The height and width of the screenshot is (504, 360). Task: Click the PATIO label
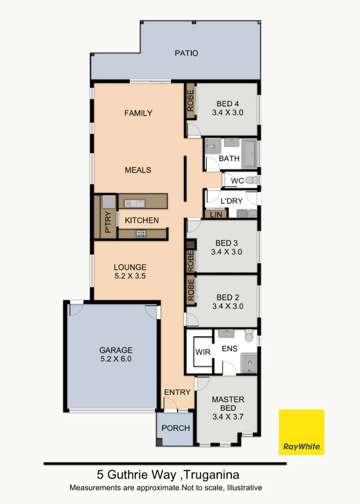click(187, 53)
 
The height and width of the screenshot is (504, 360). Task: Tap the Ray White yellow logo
click(301, 432)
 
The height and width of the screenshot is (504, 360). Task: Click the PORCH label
click(176, 428)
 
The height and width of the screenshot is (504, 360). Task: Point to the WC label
click(237, 181)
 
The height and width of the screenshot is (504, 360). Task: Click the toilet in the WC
click(251, 180)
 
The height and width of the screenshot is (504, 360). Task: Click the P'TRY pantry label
click(108, 221)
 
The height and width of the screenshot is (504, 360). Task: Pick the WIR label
click(203, 352)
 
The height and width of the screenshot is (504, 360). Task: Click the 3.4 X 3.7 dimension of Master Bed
click(228, 417)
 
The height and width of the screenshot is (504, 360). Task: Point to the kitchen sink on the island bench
click(134, 203)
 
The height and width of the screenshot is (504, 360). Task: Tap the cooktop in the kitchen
click(141, 234)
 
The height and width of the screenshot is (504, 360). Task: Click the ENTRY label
click(177, 392)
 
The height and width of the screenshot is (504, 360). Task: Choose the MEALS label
click(138, 170)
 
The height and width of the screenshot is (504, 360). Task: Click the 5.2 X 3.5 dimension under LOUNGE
click(130, 276)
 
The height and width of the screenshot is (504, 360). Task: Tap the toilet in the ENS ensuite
click(249, 336)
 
